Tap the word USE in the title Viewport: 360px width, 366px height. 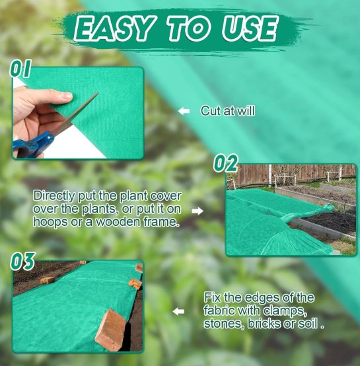[x=250, y=28]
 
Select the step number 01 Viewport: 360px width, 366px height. [x=20, y=69]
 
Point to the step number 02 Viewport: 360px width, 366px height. [x=225, y=163]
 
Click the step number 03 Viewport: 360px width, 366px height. [x=22, y=261]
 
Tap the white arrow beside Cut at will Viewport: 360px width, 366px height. [x=184, y=111]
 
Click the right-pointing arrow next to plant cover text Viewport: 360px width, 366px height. [x=198, y=211]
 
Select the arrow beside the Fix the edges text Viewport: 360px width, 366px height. [x=178, y=311]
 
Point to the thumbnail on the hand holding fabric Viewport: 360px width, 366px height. [x=66, y=95]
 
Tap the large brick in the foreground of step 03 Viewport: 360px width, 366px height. [x=110, y=330]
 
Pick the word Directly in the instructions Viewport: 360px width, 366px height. [x=54, y=196]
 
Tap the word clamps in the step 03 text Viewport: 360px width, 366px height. [x=285, y=311]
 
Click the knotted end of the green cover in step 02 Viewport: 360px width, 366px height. [x=328, y=207]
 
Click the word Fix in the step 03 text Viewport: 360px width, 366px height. [x=212, y=297]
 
